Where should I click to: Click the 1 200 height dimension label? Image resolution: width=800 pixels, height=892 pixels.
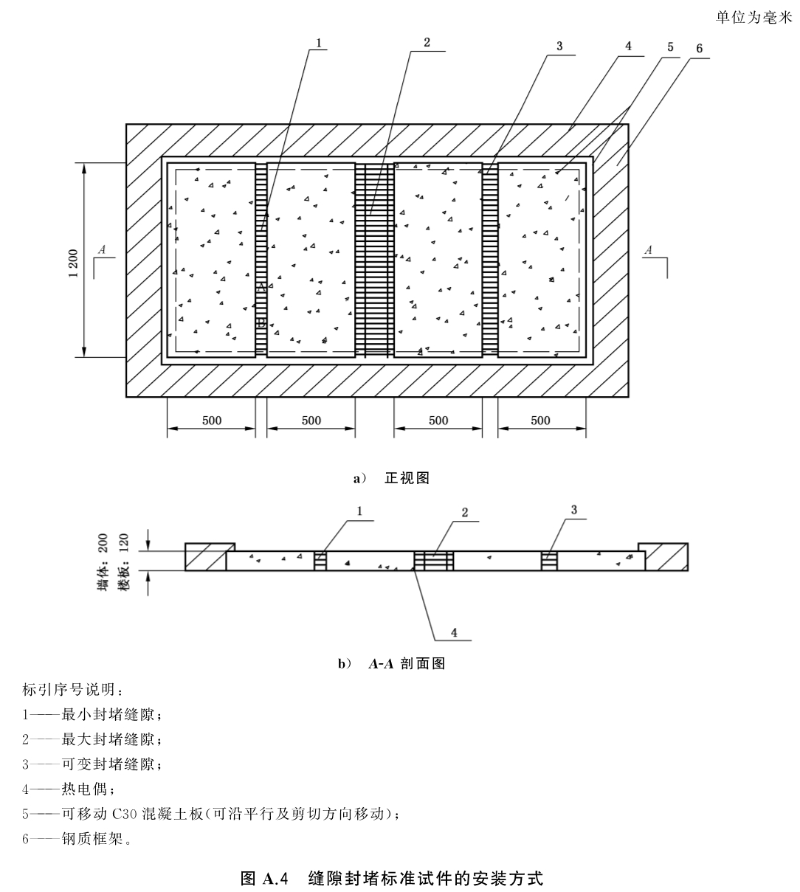point(74,263)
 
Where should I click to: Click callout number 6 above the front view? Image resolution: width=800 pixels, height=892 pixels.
point(699,48)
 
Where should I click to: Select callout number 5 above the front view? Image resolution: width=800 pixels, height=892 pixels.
point(670,46)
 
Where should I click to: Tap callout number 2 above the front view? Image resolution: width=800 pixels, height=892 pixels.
point(427,42)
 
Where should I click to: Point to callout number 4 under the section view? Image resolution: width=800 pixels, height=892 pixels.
point(454,633)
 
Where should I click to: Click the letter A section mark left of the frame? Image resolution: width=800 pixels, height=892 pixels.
point(102,249)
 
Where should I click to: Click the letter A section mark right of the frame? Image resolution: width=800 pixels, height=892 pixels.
point(648,250)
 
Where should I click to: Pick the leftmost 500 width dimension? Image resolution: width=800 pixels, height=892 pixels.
point(212,421)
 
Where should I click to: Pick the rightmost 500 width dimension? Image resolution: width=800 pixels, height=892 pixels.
point(540,421)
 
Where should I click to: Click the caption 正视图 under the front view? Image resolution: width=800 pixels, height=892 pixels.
point(407,477)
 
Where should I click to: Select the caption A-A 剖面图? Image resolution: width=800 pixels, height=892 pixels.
point(407,663)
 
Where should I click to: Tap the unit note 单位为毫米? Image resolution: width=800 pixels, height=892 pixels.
point(754,17)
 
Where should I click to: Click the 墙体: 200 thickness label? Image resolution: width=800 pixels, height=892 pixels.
point(103,561)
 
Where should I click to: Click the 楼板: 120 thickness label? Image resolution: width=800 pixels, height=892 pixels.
point(124,561)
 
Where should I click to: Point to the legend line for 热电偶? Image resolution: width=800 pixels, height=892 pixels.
point(69,789)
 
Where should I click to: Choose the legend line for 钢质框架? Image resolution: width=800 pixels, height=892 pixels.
point(77,839)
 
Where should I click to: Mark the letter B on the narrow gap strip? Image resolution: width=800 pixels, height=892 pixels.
point(261,322)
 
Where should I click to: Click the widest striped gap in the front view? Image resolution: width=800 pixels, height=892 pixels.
point(374,260)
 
